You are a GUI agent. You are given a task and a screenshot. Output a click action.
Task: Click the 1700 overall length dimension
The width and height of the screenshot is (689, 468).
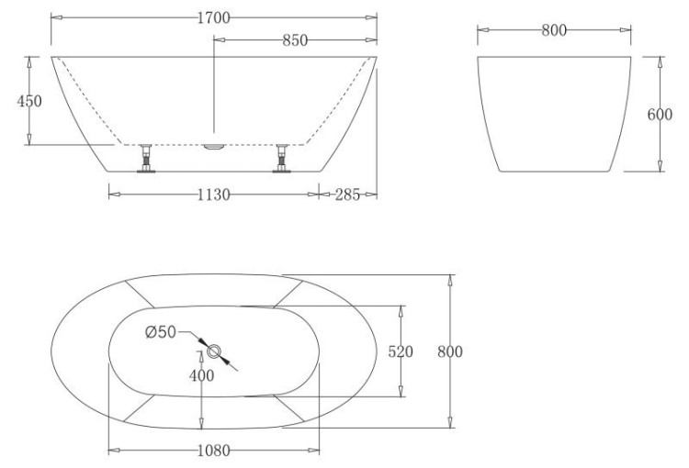pyautogui.click(x=213, y=17)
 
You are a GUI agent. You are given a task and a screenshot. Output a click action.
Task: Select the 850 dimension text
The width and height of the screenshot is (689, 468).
pyautogui.click(x=294, y=40)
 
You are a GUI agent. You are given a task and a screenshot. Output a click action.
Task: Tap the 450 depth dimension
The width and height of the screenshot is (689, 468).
pyautogui.click(x=29, y=101)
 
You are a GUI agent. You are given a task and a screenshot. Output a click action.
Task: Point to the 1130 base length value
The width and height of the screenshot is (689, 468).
pyautogui.click(x=212, y=194)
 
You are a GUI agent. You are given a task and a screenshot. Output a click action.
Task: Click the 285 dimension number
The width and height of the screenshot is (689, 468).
pyautogui.click(x=347, y=194)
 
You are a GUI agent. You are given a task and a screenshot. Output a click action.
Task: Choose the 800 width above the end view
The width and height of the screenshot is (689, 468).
pyautogui.click(x=552, y=30)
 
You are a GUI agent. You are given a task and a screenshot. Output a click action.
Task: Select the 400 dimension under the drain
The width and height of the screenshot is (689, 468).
pyautogui.click(x=201, y=374)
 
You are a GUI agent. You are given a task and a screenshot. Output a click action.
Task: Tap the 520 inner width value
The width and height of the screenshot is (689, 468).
pyautogui.click(x=401, y=351)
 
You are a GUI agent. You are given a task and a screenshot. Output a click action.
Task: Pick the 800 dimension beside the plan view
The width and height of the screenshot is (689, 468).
pyautogui.click(x=449, y=351)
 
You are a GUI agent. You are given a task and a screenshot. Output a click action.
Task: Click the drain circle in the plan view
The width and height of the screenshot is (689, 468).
pyautogui.click(x=214, y=351)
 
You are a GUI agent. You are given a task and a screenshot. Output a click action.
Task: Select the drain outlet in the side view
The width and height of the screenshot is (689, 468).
pyautogui.click(x=213, y=145)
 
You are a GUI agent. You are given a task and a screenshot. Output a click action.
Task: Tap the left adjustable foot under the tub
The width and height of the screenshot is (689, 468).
pyautogui.click(x=145, y=160)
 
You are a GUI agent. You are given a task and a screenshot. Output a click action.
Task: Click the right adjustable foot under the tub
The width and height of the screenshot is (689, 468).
pyautogui.click(x=283, y=160)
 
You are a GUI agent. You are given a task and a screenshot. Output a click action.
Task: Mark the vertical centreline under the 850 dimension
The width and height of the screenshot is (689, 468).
pyautogui.click(x=214, y=92)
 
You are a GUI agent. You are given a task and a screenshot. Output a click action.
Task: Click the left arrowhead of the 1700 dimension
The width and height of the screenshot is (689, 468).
pyautogui.click(x=54, y=17)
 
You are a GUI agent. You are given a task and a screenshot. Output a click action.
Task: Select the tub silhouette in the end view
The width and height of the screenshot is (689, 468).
pyautogui.click(x=554, y=115)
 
